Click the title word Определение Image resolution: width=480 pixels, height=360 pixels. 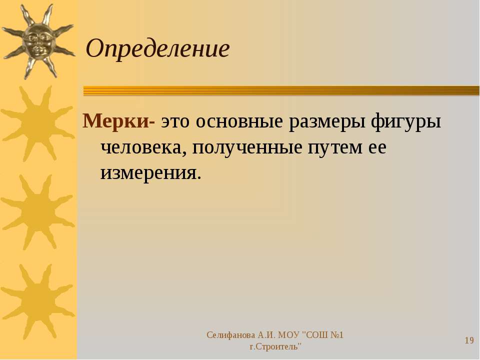pos(157,49)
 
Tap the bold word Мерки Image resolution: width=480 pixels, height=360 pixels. pos(116,121)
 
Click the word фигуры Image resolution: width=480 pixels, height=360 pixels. pos(406,121)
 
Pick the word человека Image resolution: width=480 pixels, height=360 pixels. pos(143,148)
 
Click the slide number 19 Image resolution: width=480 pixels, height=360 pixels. pos(469,340)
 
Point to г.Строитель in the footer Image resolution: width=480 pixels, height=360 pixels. pos(275,346)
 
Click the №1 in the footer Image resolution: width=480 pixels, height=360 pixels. pos(336,335)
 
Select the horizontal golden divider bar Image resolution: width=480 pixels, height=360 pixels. pos(281,91)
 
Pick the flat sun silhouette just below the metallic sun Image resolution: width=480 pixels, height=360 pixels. pos(38,123)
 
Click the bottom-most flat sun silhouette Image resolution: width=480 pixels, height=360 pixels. pos(38,301)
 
